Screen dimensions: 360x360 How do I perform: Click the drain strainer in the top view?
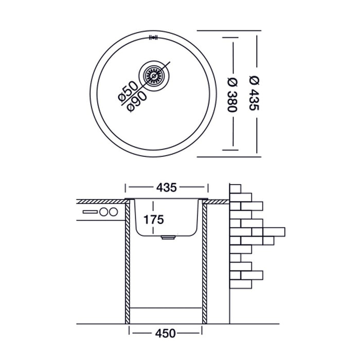point(153,76)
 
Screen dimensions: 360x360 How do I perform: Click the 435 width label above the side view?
point(167,187)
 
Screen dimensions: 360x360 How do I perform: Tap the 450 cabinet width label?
point(166,333)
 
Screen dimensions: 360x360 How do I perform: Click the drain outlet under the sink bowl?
point(168,238)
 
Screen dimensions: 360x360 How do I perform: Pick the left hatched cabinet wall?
point(127,262)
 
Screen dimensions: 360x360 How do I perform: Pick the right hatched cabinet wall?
point(205,262)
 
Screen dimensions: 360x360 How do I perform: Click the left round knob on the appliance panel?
point(104,211)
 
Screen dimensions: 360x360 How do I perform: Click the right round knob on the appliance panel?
point(113,211)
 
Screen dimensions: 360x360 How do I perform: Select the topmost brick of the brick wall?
point(235,188)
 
